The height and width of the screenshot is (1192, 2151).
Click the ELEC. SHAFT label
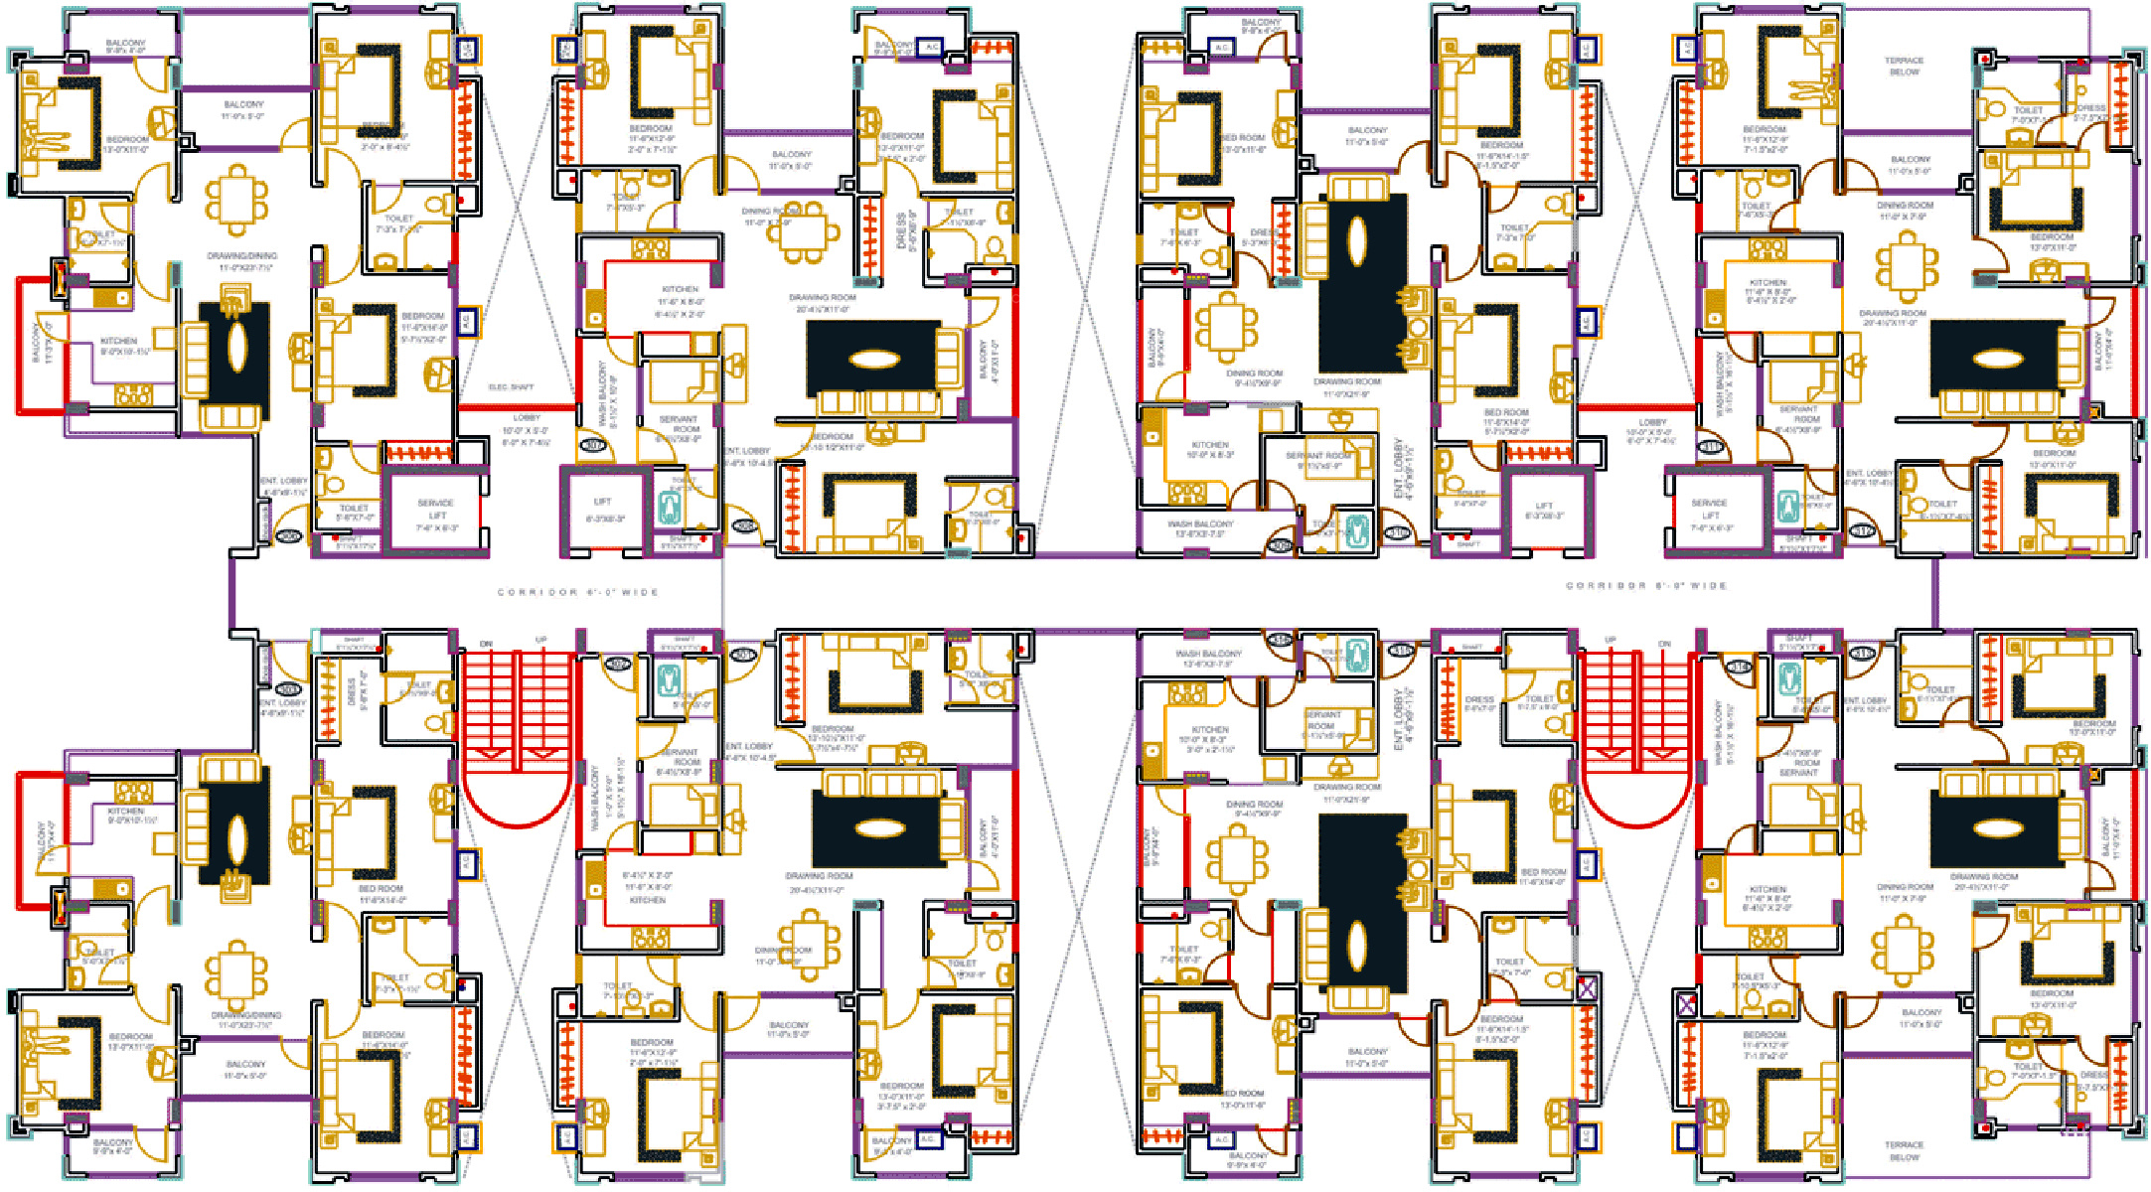pos(511,387)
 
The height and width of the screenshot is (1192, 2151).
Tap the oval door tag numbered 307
pos(593,446)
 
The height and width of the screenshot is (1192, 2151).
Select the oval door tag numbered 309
pos(1281,545)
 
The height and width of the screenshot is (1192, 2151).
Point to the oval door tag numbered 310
pos(1398,533)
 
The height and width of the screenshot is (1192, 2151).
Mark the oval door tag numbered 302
pos(617,664)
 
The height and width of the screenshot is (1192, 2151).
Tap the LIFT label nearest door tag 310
pos(1544,510)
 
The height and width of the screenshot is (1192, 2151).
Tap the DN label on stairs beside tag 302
pos(486,644)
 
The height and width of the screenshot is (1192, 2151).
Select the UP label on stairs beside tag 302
pos(540,641)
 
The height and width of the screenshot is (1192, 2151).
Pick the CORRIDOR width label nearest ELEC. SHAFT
pos(578,592)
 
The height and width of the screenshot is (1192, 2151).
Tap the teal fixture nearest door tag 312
pos(1789,508)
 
